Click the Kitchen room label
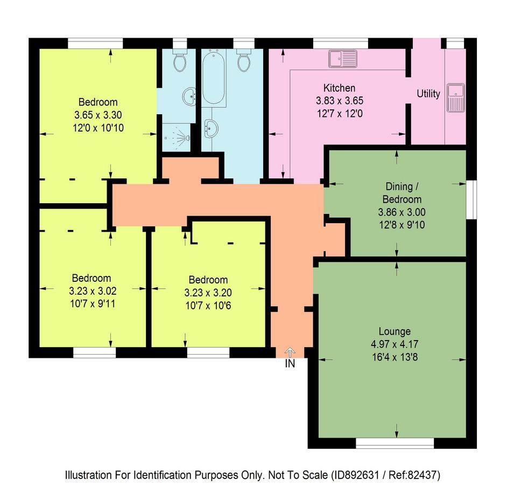339,88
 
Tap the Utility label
428,94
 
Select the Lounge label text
395,331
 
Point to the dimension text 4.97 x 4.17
395,344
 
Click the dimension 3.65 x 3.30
98,115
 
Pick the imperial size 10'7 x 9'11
93,304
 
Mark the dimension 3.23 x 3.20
208,293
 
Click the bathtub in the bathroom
214,78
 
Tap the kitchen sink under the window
343,59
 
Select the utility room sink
456,98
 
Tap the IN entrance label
290,364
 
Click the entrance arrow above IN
290,352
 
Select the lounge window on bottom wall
395,443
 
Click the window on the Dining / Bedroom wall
471,199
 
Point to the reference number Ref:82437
414,475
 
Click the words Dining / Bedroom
402,192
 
